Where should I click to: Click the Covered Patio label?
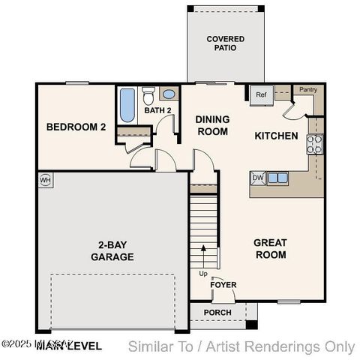pyautogui.click(x=226, y=43)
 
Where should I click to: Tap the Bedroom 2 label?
pyautogui.click(x=76, y=127)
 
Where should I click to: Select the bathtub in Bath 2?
pyautogui.click(x=127, y=106)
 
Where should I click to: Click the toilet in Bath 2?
pyautogui.click(x=148, y=97)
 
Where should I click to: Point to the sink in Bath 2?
pyautogui.click(x=169, y=95)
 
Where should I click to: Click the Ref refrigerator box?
pyautogui.click(x=261, y=94)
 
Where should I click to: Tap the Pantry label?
pyautogui.click(x=308, y=90)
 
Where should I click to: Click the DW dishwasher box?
pyautogui.click(x=257, y=178)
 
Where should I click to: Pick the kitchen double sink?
pyautogui.click(x=277, y=178)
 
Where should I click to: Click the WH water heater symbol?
pyautogui.click(x=45, y=180)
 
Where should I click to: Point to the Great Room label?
pyautogui.click(x=270, y=248)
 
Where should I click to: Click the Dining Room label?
pyautogui.click(x=212, y=125)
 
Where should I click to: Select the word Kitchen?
pyautogui.click(x=277, y=136)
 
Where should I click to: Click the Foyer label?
pyautogui.click(x=223, y=285)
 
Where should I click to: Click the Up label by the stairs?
pyautogui.click(x=203, y=273)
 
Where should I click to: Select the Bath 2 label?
pyautogui.click(x=158, y=111)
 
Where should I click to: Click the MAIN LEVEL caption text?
pyautogui.click(x=73, y=346)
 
